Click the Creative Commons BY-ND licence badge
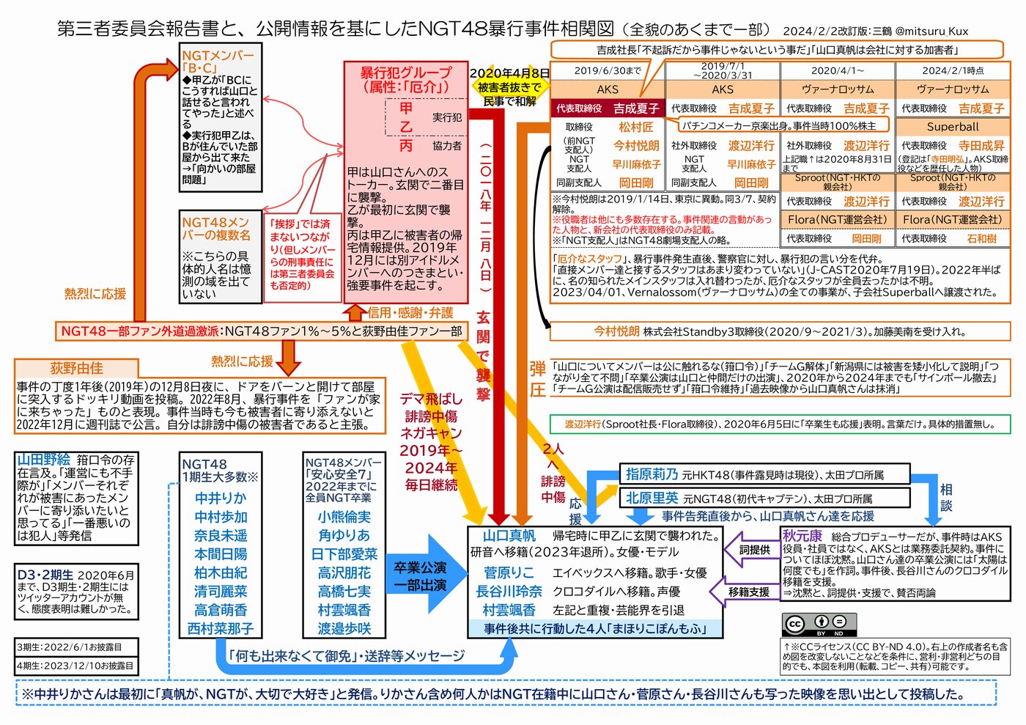point(819,624)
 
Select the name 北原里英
point(651,498)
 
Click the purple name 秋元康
point(802,536)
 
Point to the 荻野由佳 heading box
point(76,368)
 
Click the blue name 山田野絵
point(44,460)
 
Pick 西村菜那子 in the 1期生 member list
point(221,628)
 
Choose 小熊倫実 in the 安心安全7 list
point(344,517)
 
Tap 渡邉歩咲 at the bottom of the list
point(344,628)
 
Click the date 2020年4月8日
point(509,73)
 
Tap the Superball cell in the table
point(952,127)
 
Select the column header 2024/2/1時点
point(952,70)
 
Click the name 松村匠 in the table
point(635,127)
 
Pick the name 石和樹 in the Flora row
point(981,238)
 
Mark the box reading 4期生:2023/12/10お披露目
point(75,666)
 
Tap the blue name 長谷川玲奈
point(509,591)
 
